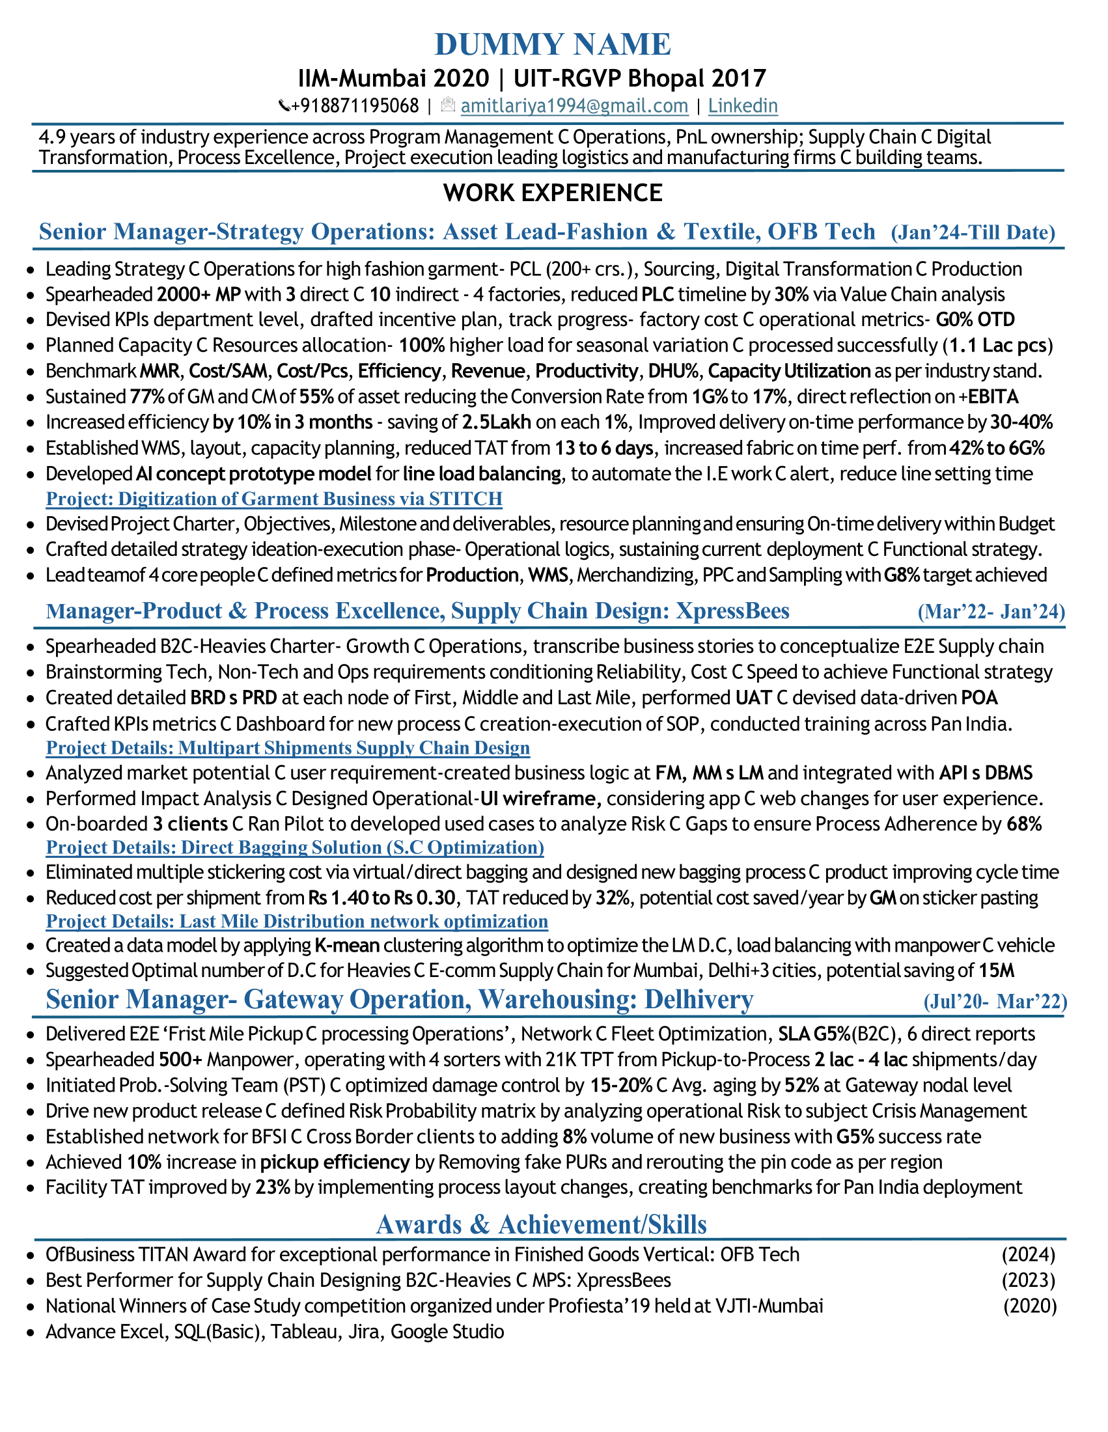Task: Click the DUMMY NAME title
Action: point(553,44)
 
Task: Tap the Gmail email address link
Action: point(574,105)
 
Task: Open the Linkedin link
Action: point(742,105)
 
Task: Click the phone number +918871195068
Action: point(354,105)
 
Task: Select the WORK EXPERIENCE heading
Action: point(553,193)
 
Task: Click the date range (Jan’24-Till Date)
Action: point(973,232)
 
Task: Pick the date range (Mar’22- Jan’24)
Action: point(991,611)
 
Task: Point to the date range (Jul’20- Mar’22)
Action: point(995,1001)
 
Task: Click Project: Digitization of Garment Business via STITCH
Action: point(274,499)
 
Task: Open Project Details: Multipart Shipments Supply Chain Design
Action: point(288,747)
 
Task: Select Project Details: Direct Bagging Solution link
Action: point(294,847)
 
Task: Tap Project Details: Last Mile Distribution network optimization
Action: point(296,921)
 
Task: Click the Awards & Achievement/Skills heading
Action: point(541,1224)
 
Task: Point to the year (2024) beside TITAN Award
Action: point(1028,1255)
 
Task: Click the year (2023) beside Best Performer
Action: point(1028,1280)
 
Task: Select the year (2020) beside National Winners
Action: point(1029,1306)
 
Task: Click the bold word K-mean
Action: point(347,946)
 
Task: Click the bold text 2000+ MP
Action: point(199,294)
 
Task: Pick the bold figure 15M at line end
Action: point(997,971)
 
